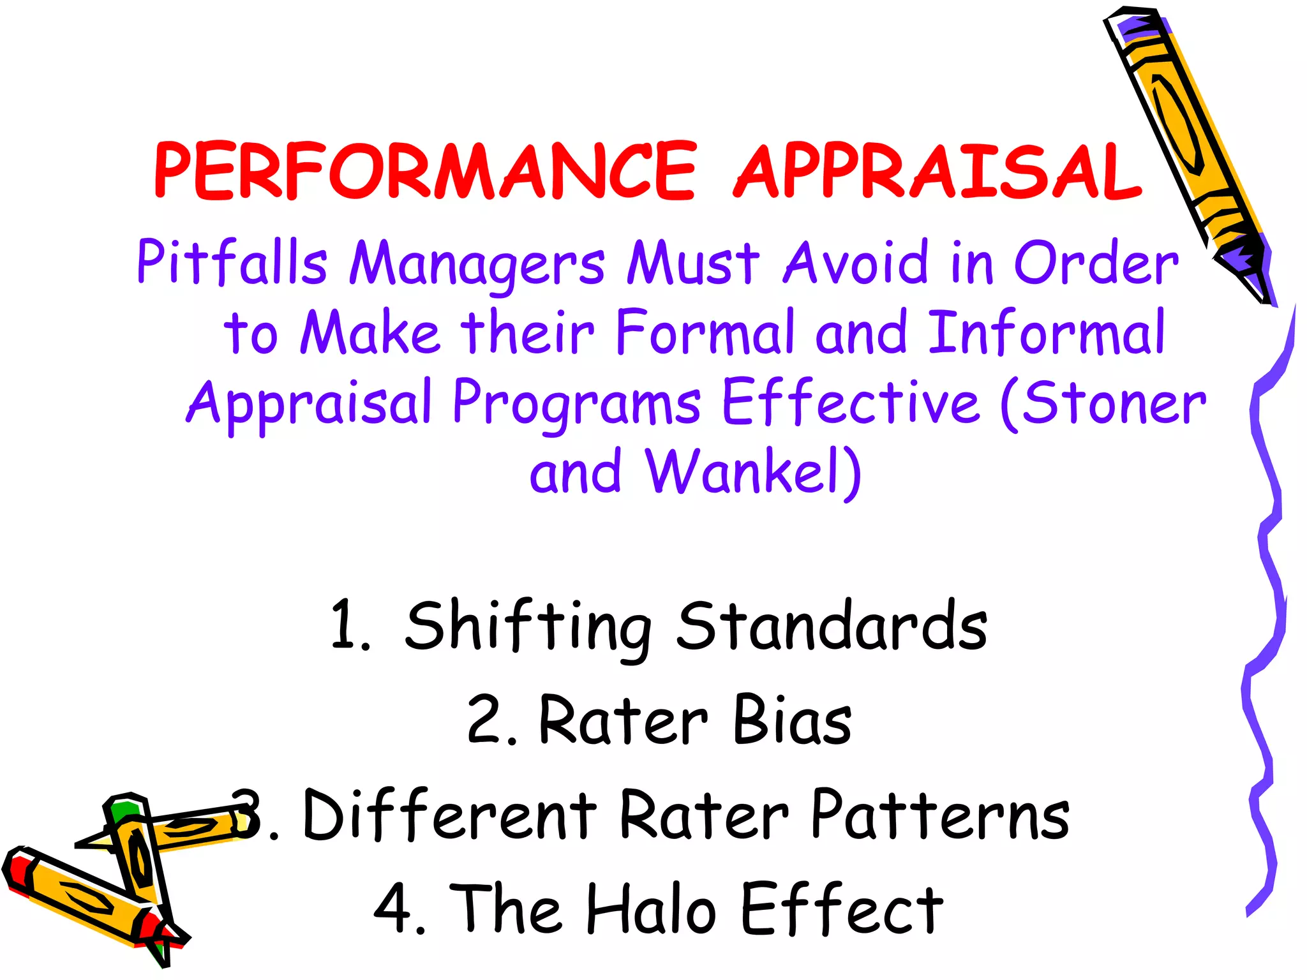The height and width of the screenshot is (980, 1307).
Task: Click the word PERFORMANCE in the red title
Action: click(425, 171)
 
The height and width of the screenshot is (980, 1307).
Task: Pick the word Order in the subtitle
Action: click(1096, 263)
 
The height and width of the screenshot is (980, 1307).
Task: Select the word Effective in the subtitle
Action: click(851, 402)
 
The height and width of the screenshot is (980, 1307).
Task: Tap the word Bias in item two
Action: click(792, 720)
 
